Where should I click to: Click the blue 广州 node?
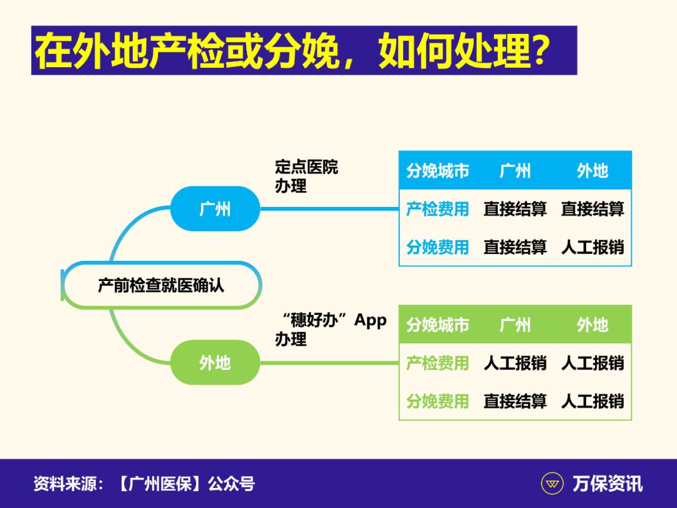pos(214,209)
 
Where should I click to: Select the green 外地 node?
pos(214,362)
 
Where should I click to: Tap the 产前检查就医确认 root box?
pos(161,285)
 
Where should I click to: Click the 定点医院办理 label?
pos(306,176)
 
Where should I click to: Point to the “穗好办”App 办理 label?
pos(331,329)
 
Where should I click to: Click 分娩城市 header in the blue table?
pos(438,171)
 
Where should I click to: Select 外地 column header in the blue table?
pos(592,171)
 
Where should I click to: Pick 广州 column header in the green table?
pos(515,324)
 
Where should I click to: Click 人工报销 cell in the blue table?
pos(592,247)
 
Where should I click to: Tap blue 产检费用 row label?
pos(438,209)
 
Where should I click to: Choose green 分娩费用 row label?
pos(438,401)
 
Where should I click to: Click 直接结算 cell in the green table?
pos(515,401)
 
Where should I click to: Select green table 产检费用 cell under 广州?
pos(515,362)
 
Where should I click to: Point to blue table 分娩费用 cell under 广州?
pos(515,247)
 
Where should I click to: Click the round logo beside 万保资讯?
pos(552,484)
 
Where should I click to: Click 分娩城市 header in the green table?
pos(438,324)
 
